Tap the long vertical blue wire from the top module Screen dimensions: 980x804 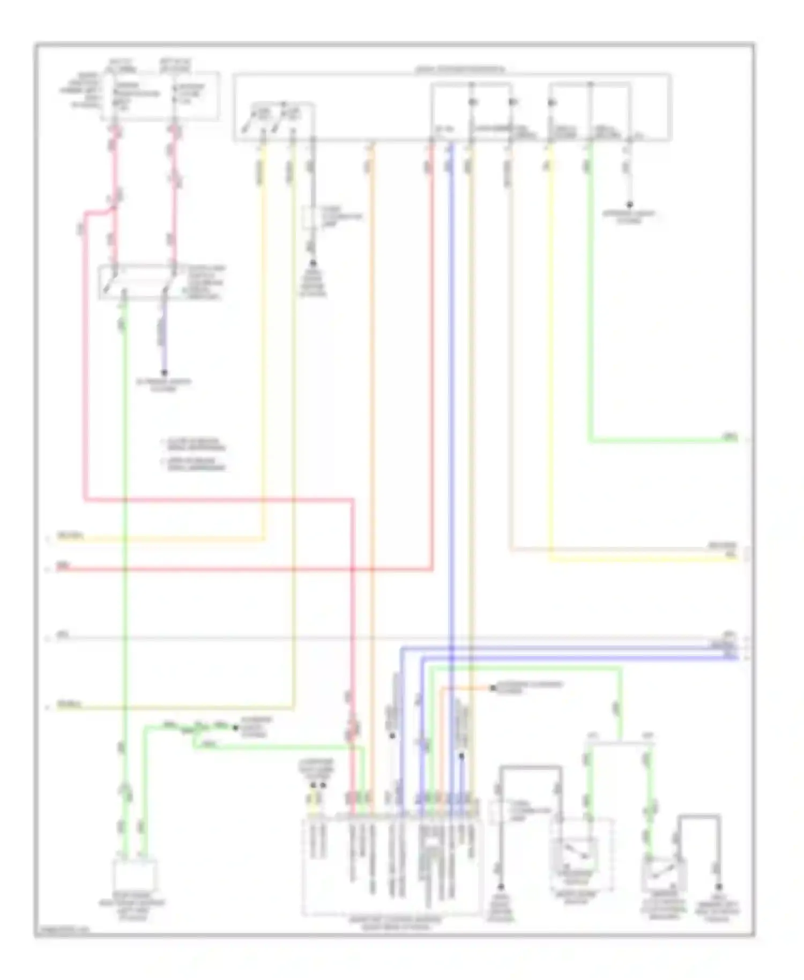pos(451,429)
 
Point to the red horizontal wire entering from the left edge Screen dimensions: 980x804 pos(214,569)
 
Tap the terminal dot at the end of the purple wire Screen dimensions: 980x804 pos(165,373)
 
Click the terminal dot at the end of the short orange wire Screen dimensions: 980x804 pos(493,688)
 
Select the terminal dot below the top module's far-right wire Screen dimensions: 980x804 pos(630,205)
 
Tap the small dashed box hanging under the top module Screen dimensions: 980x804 pos(312,219)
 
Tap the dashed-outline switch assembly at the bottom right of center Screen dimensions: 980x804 pos(582,854)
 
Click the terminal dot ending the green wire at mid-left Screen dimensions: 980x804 pos(235,727)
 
